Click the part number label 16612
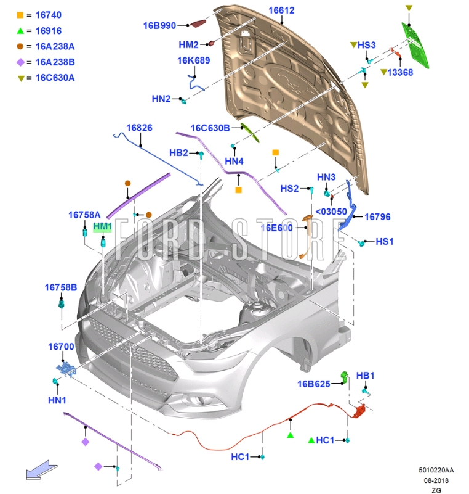(281, 10)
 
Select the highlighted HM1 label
(103, 227)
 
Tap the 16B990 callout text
(160, 25)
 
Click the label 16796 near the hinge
(377, 217)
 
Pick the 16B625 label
(315, 384)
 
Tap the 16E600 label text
(276, 228)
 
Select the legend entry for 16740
(47, 14)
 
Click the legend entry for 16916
(47, 30)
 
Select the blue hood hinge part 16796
(353, 207)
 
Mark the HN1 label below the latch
(57, 400)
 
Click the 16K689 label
(194, 60)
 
